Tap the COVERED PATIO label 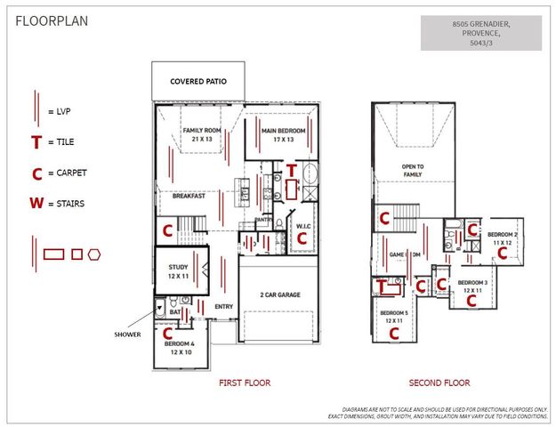(197, 82)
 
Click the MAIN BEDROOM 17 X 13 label (283, 134)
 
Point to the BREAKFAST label (189, 197)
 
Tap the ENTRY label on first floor (223, 307)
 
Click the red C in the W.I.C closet (302, 238)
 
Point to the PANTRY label (263, 218)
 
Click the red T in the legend (36, 142)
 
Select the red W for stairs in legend (36, 203)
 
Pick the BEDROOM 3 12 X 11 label (471, 286)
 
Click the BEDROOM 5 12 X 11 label (393, 317)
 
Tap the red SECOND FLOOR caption (439, 383)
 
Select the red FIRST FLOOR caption (245, 383)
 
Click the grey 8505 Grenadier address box (481, 33)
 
